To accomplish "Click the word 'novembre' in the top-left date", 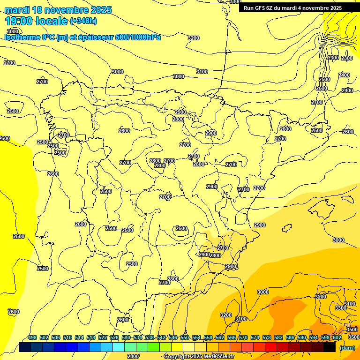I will tap(70, 10).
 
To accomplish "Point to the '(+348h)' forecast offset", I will tap(83, 21).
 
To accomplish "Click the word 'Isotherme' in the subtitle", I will tap(22, 37).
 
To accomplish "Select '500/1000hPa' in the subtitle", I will tap(139, 37).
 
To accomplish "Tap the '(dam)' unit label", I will tap(346, 347).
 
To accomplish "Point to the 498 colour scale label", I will tap(32, 337).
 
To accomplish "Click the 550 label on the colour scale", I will tap(185, 337).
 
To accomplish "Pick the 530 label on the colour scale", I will tap(126, 337).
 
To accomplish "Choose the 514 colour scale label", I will tap(79, 337).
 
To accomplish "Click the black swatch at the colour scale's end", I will tap(330, 347).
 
